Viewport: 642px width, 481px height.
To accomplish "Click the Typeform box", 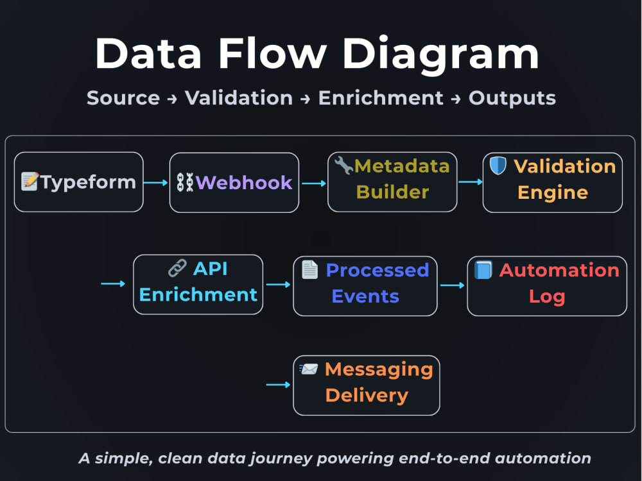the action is click(x=78, y=182).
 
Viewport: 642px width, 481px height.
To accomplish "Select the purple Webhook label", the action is click(x=244, y=182).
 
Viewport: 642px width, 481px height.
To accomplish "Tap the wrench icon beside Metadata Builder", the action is click(x=343, y=165).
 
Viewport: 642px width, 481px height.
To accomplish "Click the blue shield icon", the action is click(x=498, y=165).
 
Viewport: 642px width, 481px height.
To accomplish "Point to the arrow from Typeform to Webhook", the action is click(x=156, y=182).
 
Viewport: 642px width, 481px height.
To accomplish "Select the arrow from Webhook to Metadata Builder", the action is click(x=314, y=183).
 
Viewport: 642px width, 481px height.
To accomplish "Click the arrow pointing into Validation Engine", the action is click(x=471, y=181).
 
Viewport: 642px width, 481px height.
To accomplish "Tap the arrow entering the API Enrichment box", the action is click(x=113, y=283).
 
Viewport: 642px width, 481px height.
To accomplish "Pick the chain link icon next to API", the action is click(x=177, y=268).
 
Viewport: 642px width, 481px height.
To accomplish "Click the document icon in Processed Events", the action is click(x=309, y=269).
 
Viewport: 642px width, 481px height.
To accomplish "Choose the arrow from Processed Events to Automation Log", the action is click(x=453, y=285).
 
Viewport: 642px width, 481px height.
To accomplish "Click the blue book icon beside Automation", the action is click(x=483, y=270).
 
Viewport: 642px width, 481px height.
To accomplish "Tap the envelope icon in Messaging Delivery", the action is click(x=309, y=369).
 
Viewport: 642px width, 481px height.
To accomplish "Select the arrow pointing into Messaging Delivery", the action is click(x=279, y=384).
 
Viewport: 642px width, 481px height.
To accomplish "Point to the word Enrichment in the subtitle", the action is click(x=381, y=98).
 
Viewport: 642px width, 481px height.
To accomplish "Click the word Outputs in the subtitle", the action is click(x=512, y=99).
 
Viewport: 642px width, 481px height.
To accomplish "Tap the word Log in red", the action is click(x=547, y=297).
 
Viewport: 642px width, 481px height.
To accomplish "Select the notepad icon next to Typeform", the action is click(x=30, y=181).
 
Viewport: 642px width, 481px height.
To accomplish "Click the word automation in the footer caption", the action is click(x=543, y=458).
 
